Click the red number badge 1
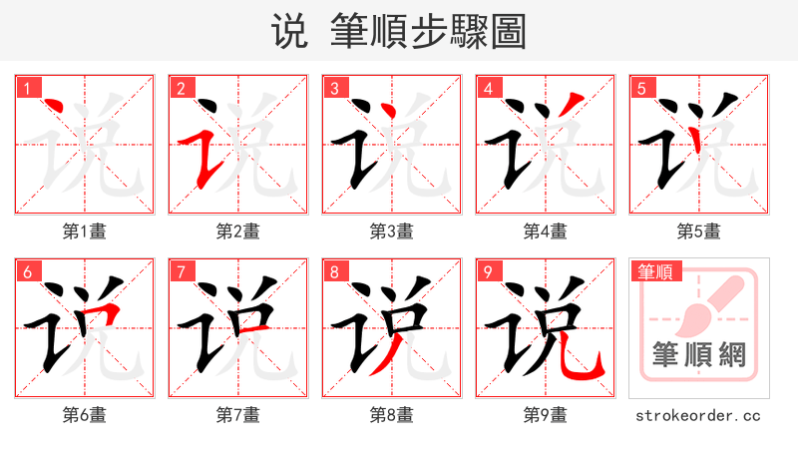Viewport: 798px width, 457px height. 27,89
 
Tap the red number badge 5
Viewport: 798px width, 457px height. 641,89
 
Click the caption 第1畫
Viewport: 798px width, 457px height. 84,231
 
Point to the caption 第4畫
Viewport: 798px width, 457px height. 545,231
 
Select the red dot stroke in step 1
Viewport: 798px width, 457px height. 56,107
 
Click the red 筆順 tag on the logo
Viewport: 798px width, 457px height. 654,271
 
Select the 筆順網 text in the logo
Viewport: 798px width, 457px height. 698,355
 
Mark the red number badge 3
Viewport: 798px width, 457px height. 334,89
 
